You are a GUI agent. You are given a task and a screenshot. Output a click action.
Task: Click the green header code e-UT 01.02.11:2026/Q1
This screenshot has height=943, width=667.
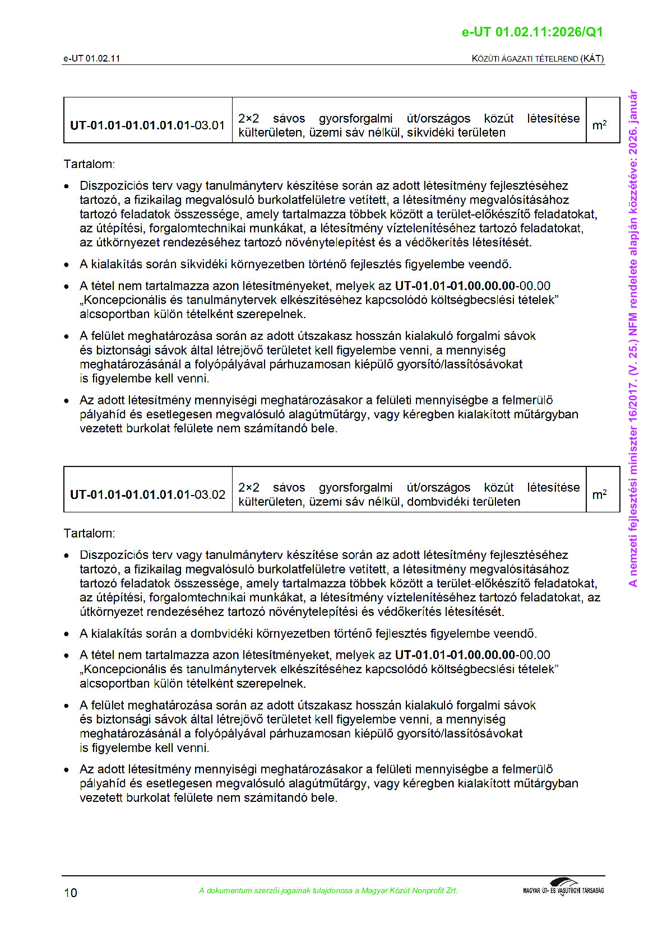pyautogui.click(x=532, y=32)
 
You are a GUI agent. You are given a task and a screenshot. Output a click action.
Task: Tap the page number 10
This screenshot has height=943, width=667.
pyautogui.click(x=71, y=893)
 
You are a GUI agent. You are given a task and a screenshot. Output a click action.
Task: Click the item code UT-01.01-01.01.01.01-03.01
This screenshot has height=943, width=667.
pyautogui.click(x=147, y=125)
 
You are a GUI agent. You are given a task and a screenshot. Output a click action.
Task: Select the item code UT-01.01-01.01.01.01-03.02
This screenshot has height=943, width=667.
pyautogui.click(x=147, y=494)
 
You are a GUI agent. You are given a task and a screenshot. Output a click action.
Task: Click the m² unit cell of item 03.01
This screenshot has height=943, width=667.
pyautogui.click(x=599, y=125)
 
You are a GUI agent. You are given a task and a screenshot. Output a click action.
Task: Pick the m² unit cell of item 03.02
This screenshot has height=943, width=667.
pyautogui.click(x=599, y=494)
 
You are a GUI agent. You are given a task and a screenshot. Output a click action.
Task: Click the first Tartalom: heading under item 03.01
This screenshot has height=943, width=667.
pyautogui.click(x=89, y=164)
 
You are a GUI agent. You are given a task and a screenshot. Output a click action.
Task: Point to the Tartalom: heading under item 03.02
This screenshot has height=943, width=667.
pyautogui.click(x=89, y=533)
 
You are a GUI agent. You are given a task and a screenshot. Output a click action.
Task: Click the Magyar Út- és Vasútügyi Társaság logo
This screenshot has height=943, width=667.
pyautogui.click(x=563, y=888)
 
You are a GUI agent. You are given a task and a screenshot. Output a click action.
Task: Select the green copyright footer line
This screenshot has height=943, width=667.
pyautogui.click(x=328, y=890)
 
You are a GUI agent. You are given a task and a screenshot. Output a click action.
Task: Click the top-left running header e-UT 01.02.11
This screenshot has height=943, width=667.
pyautogui.click(x=91, y=58)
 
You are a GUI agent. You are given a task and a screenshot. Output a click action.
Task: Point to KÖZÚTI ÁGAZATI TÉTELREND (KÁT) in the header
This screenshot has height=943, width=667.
pyautogui.click(x=538, y=58)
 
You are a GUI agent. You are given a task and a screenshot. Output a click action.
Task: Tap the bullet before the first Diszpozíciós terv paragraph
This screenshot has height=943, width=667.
pyautogui.click(x=67, y=186)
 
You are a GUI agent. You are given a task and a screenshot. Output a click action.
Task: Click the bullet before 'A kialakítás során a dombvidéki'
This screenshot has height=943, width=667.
pyautogui.click(x=67, y=634)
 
